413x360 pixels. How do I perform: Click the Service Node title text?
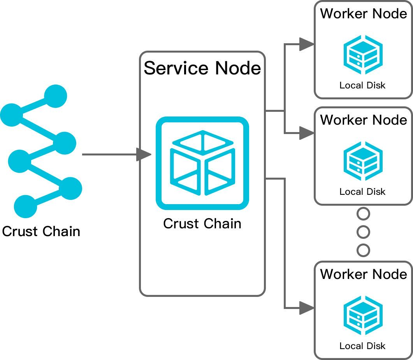tap(202, 68)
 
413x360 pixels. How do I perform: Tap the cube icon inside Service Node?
tap(202, 163)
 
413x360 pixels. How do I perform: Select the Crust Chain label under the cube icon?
tap(202, 224)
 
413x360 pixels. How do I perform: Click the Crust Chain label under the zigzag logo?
tap(41, 231)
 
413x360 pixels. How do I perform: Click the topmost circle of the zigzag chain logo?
tap(56, 95)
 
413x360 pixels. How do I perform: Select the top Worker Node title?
tap(363, 14)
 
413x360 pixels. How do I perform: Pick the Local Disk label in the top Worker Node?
tap(362, 85)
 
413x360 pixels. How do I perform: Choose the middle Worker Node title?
tap(363, 120)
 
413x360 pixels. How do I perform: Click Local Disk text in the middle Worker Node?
tap(362, 191)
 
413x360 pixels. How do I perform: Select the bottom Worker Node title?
tap(363, 274)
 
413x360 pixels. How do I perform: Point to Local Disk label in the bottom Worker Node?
tap(362, 346)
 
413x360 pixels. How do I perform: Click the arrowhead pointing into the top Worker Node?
tap(307, 44)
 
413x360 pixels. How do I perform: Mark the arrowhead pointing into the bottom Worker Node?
tap(307, 307)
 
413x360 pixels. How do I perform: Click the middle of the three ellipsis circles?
tap(363, 232)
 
